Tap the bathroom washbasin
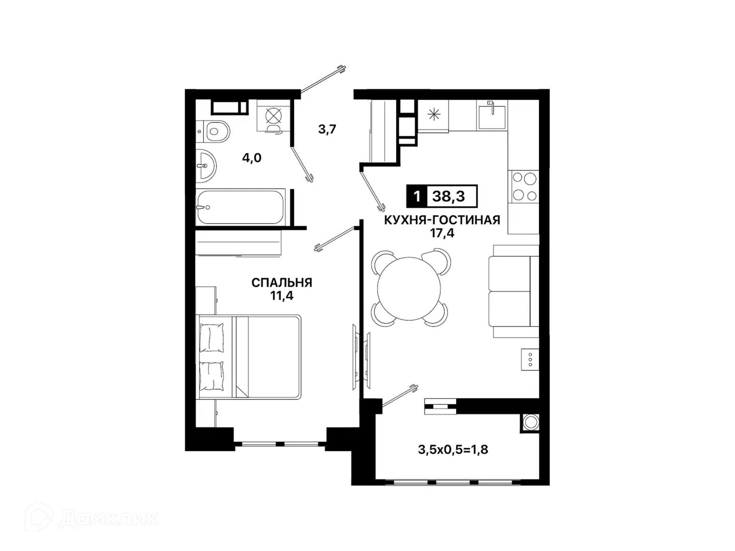coord(206,166)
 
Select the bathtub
coord(240,207)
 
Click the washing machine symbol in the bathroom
coord(274,116)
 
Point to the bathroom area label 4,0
coord(252,158)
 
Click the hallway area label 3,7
coord(327,129)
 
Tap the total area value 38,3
coord(449,196)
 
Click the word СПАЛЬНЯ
coord(282,283)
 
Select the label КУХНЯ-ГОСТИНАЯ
coord(442,220)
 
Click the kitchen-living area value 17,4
coord(442,233)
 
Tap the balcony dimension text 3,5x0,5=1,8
coord(453,450)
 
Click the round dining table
coord(408,288)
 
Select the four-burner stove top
coord(524,187)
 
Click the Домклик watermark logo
coord(92,519)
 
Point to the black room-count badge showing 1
coord(417,196)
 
